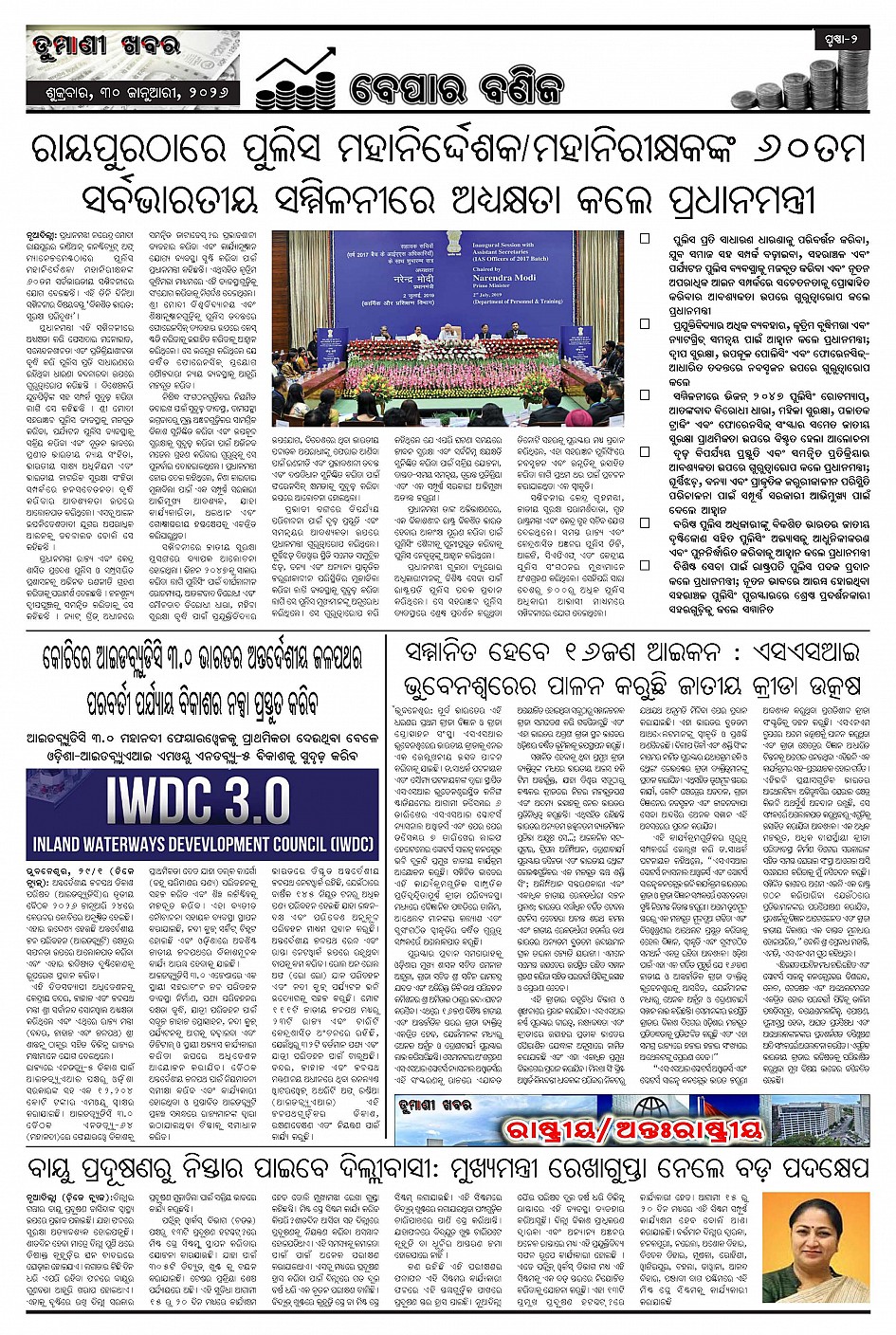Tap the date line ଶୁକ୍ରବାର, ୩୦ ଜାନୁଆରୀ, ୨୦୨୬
pyautogui.click(x=133, y=95)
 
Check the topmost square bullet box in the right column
pyautogui.click(x=645, y=240)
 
